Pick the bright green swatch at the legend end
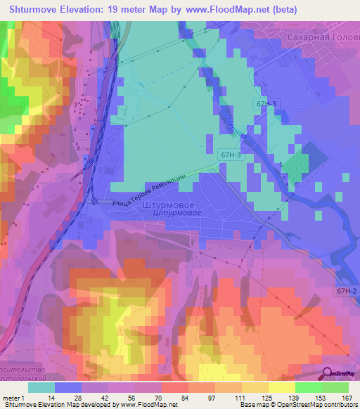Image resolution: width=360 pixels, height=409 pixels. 335,387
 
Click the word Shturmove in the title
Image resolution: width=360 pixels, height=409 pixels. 32,10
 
